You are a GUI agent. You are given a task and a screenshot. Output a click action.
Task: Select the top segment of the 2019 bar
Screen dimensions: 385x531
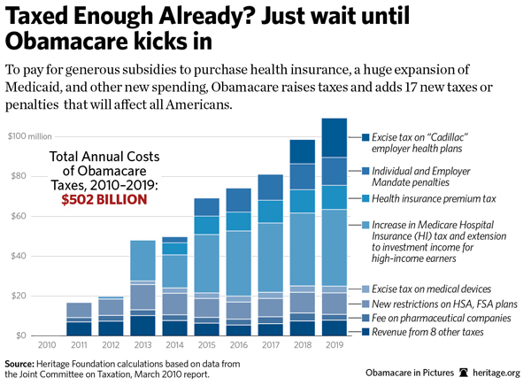click(x=334, y=137)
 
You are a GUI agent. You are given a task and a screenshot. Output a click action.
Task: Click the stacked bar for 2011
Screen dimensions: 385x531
click(x=78, y=319)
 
